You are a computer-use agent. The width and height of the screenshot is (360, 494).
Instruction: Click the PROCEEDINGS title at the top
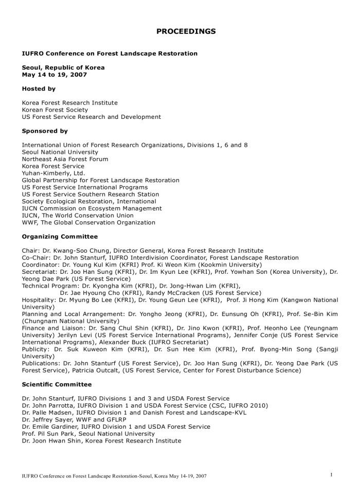pos(186,31)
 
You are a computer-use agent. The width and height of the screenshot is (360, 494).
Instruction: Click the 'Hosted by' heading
pos(39,89)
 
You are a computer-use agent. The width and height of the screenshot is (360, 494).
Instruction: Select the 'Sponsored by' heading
pos(45,131)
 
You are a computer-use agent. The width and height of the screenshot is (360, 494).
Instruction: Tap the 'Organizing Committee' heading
pos(60,237)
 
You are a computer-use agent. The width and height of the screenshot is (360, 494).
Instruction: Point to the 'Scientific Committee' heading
pos(57,384)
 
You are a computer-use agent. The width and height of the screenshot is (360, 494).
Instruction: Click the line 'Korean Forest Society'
pos(55,110)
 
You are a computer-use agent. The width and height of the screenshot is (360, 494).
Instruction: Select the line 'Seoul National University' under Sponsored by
pos(60,152)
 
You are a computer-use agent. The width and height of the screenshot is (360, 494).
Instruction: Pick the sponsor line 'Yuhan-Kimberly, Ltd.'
pos(53,173)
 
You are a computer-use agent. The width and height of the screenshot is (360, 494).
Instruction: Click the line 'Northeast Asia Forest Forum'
pos(65,160)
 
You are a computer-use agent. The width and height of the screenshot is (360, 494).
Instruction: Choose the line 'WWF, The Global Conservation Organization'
pos(88,223)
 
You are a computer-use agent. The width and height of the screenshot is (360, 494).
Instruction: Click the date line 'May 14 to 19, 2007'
pos(55,74)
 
